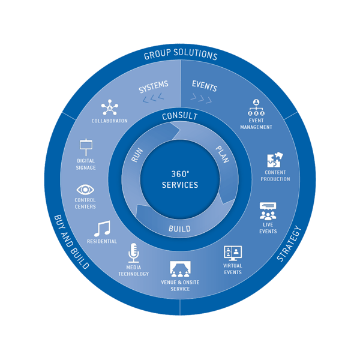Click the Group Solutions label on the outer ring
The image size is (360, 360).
click(180, 55)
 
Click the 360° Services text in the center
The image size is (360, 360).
click(180, 179)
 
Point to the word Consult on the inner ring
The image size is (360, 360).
click(180, 116)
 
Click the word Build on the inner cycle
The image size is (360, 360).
click(180, 229)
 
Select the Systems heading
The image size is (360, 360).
click(154, 88)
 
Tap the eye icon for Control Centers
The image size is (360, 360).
click(85, 190)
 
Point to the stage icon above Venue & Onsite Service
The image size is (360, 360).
click(180, 268)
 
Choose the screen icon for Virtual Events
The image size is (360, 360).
click(232, 253)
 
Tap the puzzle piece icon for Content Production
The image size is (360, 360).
click(275, 161)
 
